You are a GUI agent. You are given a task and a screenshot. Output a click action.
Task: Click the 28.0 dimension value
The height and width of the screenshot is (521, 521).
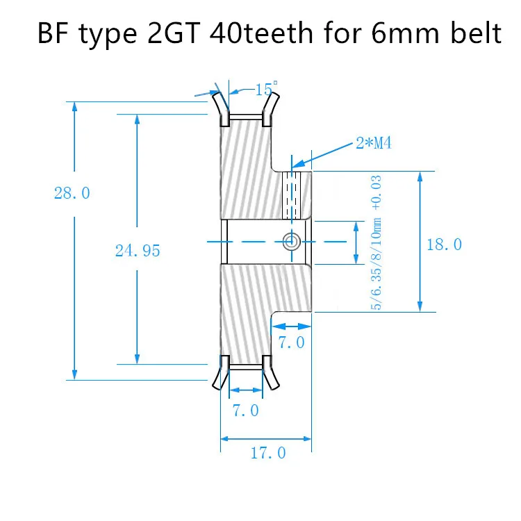point(72,193)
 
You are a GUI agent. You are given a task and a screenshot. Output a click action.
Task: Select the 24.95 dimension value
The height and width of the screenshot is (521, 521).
point(138,251)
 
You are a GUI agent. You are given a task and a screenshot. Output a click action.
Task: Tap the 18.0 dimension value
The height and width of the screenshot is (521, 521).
point(445,244)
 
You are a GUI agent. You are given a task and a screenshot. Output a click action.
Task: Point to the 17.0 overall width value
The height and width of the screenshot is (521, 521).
point(267,453)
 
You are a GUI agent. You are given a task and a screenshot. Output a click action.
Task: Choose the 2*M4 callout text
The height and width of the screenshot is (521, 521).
point(374,143)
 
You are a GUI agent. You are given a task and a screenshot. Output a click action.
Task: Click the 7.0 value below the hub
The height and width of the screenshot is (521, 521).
point(291,342)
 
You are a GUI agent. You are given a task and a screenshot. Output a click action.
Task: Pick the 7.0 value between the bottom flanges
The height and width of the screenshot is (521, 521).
point(245,411)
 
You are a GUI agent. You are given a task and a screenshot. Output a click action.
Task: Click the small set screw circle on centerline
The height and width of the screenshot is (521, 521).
point(291,241)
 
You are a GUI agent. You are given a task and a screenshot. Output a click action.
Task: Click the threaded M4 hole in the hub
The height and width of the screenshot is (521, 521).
point(292,194)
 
